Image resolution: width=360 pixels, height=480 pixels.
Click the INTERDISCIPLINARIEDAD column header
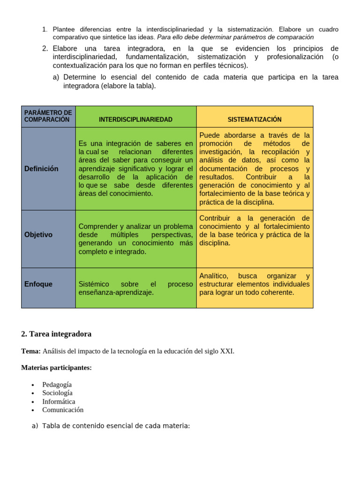(135, 120)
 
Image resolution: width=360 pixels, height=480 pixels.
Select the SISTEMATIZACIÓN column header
(255, 120)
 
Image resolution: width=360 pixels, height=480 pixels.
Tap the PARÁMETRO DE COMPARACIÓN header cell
(48, 116)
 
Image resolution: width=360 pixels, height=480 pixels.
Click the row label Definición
(41, 169)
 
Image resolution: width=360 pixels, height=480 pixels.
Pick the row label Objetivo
(38, 235)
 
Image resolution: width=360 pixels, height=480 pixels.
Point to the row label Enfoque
(38, 284)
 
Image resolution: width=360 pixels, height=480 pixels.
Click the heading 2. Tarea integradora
(56, 334)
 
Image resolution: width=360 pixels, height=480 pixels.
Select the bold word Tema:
(31, 351)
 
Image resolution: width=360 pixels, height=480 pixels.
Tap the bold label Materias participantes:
(56, 368)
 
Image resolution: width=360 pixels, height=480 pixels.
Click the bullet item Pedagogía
(57, 385)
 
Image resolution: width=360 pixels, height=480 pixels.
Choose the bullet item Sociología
(57, 393)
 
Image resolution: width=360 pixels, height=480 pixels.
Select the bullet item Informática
(59, 402)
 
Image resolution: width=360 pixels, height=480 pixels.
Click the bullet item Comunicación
(63, 410)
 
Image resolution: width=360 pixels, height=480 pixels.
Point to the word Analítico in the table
(214, 276)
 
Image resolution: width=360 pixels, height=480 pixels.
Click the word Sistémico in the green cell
(94, 285)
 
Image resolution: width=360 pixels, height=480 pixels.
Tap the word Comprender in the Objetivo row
(97, 227)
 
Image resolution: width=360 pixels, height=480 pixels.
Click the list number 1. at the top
(45, 30)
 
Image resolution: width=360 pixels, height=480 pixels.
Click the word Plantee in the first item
(63, 30)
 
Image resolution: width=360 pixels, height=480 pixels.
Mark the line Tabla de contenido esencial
(115, 426)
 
